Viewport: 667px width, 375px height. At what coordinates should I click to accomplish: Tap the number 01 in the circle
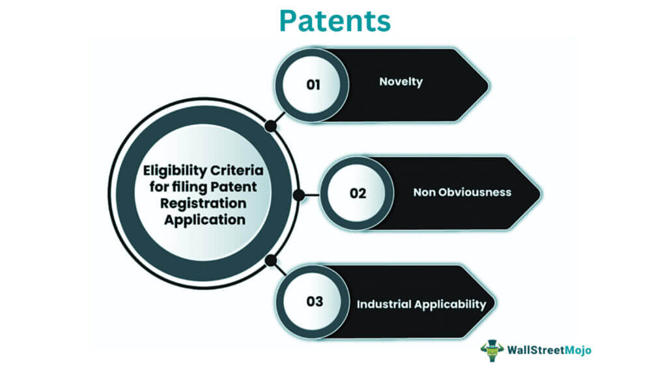pos(313,84)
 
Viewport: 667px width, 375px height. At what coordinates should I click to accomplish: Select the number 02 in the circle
pos(358,193)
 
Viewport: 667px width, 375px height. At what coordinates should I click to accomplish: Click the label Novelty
pos(401,82)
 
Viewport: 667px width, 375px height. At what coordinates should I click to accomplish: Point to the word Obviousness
pos(474,192)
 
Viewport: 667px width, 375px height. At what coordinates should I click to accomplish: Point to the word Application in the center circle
pos(205,219)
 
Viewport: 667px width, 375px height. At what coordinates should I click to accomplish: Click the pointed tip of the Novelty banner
pos(487,85)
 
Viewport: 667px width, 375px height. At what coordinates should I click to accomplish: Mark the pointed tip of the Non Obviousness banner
pos(539,193)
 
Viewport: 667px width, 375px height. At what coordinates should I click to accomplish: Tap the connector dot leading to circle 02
pos(298,194)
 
